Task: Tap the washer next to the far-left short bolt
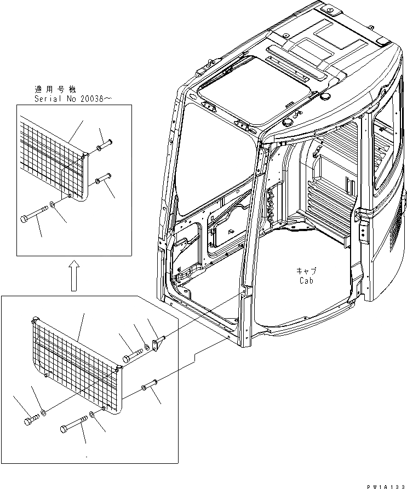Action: pos(43,411)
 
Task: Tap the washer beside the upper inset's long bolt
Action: pos(52,205)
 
